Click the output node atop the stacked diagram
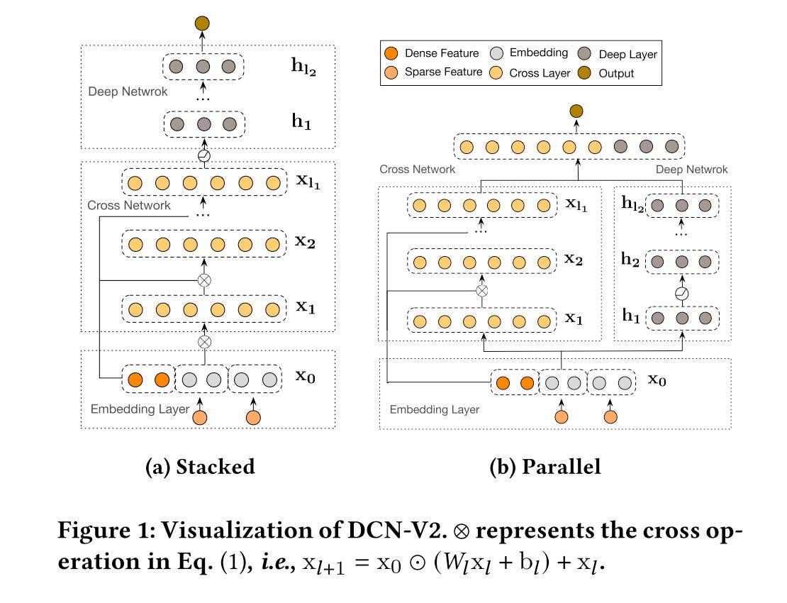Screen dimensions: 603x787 (x=202, y=23)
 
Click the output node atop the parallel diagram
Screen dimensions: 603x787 (x=576, y=111)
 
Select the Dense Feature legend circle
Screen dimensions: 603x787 (x=391, y=53)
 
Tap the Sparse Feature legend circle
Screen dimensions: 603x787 (x=391, y=72)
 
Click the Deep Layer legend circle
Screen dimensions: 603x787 (x=586, y=53)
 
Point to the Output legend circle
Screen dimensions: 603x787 (x=586, y=72)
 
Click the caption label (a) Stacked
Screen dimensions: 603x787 (x=199, y=466)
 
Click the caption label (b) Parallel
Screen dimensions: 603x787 (x=545, y=466)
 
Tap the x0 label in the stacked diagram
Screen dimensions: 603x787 (x=306, y=376)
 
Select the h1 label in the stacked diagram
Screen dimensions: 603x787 (x=302, y=123)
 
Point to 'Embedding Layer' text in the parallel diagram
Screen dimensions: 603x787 (x=435, y=409)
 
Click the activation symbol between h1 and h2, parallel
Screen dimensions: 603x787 (x=682, y=292)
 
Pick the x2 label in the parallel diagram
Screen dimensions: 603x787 (x=574, y=259)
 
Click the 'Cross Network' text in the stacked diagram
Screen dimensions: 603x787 (x=129, y=205)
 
